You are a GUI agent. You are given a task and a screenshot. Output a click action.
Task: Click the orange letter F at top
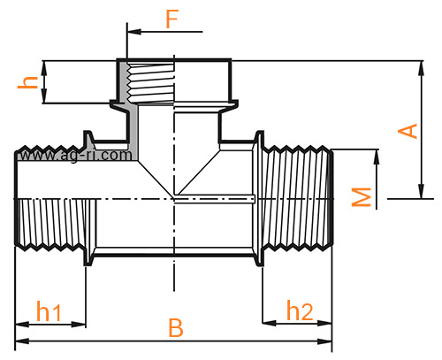coord(172,19)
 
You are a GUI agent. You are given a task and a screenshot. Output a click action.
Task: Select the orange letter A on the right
coord(408,131)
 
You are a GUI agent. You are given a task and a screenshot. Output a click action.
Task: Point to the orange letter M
coord(362,196)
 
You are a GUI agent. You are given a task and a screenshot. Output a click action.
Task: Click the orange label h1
coord(49,311)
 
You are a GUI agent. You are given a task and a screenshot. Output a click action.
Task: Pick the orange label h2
coord(300,310)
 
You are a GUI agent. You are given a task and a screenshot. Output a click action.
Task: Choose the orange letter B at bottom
coord(176,327)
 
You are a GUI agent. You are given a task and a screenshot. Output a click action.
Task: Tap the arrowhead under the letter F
coord(134,32)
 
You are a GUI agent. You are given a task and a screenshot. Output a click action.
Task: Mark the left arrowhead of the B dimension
coord(22,341)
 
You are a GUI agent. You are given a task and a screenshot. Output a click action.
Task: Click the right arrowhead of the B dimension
coord(324,341)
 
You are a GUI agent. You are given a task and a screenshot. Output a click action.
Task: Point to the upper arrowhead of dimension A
coord(422,68)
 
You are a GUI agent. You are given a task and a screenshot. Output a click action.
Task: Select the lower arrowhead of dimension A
coord(422,192)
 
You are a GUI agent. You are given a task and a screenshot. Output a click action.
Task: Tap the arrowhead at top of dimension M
coord(377,157)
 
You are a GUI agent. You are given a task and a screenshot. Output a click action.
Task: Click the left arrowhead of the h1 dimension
coord(22,325)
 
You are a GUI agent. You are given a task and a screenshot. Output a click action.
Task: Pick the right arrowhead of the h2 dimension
coord(324,323)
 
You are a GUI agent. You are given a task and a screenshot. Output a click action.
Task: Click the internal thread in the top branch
coord(150,83)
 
